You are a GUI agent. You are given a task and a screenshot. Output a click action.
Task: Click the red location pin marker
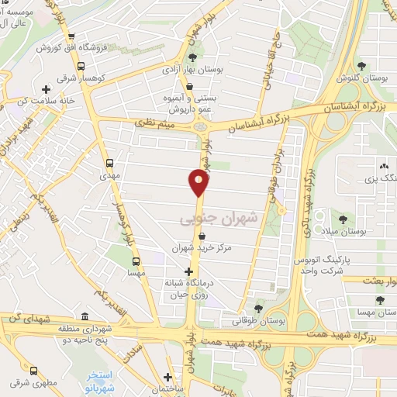tap(198, 183)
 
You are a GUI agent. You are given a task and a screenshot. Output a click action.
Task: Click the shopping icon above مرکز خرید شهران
tap(201, 236)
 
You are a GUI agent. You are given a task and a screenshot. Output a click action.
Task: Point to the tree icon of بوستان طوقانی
tap(258, 308)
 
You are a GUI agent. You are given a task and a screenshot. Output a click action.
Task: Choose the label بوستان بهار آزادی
tap(192, 69)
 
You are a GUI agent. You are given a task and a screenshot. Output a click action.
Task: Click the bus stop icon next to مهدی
tap(109, 164)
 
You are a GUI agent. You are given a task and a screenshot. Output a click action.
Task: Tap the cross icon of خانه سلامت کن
tap(47, 89)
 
